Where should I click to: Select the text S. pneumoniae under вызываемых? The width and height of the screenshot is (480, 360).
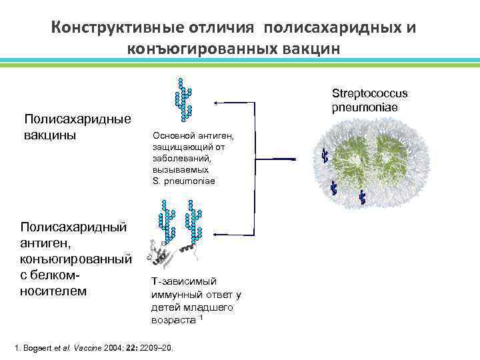[183, 181]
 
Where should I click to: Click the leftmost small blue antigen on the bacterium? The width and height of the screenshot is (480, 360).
[325, 156]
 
